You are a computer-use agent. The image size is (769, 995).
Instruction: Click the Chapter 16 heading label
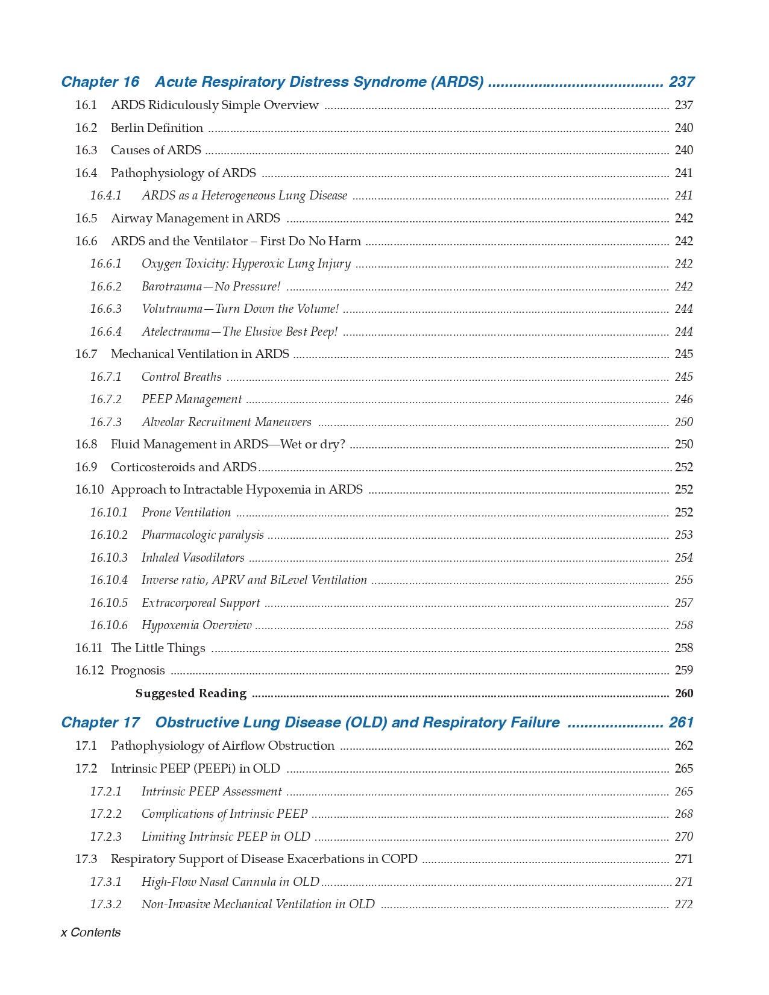pyautogui.click(x=100, y=82)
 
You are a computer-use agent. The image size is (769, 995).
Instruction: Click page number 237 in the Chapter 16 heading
pyautogui.click(x=681, y=82)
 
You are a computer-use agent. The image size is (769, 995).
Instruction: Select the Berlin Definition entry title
pyautogui.click(x=157, y=128)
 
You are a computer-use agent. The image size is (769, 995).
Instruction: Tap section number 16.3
pyautogui.click(x=86, y=150)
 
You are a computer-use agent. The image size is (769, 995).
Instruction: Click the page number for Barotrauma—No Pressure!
pyautogui.click(x=683, y=286)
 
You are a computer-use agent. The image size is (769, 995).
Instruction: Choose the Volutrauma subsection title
pyautogui.click(x=240, y=309)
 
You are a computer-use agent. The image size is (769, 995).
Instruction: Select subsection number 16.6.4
pyautogui.click(x=105, y=331)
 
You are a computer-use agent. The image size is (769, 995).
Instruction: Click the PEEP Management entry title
pyautogui.click(x=192, y=400)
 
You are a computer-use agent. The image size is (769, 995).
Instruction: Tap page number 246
pyautogui.click(x=683, y=400)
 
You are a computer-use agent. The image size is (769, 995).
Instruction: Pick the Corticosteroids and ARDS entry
pyautogui.click(x=184, y=467)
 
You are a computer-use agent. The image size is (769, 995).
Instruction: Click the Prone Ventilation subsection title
pyautogui.click(x=186, y=512)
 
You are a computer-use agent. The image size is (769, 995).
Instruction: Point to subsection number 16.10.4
pyautogui.click(x=108, y=580)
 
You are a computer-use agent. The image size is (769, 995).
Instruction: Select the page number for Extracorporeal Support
pyautogui.click(x=683, y=603)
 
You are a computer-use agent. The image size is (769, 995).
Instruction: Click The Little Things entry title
pyautogui.click(x=158, y=648)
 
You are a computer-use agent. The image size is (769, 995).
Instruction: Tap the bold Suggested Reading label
pyautogui.click(x=190, y=693)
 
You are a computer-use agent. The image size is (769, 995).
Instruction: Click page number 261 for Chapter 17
pyautogui.click(x=681, y=723)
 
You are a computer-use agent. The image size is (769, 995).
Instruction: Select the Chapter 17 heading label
pyautogui.click(x=100, y=723)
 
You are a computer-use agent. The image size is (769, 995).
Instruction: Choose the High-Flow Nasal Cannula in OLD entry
pyautogui.click(x=230, y=882)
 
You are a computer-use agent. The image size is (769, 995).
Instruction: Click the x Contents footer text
pyautogui.click(x=90, y=932)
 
